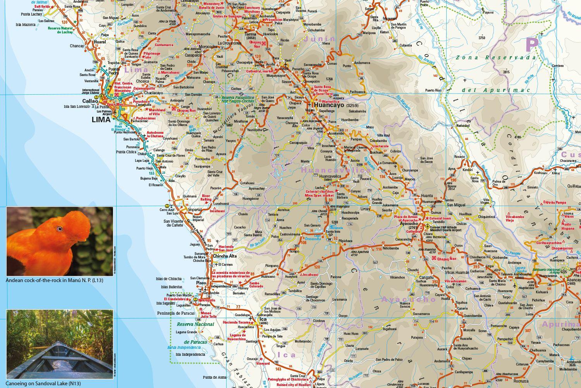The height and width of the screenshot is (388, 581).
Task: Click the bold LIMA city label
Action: coord(101,120)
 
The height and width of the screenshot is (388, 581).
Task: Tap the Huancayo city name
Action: coord(329,105)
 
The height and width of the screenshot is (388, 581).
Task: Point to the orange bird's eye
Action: coord(60,229)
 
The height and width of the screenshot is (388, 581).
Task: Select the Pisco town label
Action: coord(201,283)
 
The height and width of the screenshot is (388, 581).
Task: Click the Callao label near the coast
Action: coord(90,101)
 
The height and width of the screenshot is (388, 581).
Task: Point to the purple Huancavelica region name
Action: coord(336,170)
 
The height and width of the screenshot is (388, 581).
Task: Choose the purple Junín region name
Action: coord(320,39)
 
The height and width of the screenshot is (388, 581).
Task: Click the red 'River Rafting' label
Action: coord(206,198)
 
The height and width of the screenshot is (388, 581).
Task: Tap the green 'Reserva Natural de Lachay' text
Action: coord(60,30)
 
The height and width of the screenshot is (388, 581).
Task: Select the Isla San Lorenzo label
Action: coord(77,107)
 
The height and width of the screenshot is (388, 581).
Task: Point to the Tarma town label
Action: coord(251,34)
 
